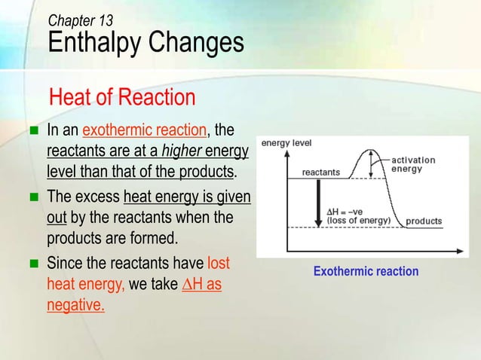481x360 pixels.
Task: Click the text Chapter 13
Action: coord(81,20)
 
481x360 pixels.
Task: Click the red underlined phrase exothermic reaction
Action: coord(145,132)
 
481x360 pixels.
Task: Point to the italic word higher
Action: coord(179,152)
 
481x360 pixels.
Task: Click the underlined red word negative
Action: coord(75,307)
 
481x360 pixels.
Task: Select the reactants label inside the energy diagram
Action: coord(320,172)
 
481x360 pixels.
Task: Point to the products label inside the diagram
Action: coord(424,221)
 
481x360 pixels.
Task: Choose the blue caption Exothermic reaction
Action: coord(366,271)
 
